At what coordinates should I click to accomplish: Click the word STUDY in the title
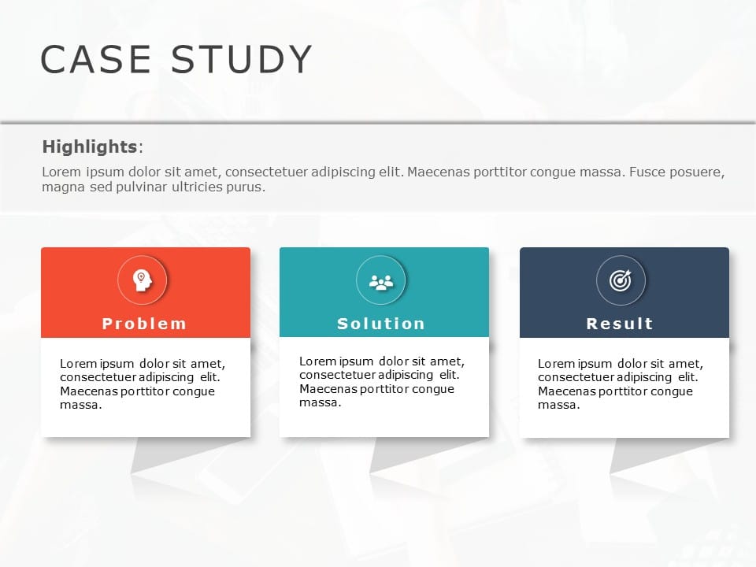coord(242,60)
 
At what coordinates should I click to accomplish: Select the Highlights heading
coord(90,146)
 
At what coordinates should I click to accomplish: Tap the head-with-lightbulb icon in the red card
coord(142,280)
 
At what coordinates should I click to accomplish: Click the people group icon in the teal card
coord(381,280)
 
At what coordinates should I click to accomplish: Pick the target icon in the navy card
coord(621,280)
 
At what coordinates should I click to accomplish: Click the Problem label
coord(145,324)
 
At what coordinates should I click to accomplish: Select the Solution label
coord(381,324)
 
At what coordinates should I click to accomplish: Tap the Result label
coord(621,324)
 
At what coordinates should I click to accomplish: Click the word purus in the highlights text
coord(246,187)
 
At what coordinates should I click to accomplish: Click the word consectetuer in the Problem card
coord(97,377)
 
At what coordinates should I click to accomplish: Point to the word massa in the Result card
coord(558,406)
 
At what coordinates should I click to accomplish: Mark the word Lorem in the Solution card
coord(316,361)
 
